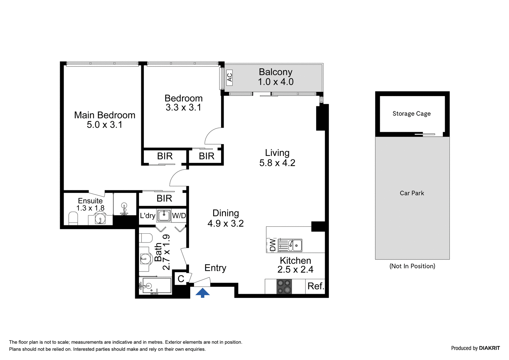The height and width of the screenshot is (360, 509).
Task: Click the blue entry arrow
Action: point(202,293)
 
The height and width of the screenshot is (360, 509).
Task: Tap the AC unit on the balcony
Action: point(229,78)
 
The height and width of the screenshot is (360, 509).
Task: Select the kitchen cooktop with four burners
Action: point(284,286)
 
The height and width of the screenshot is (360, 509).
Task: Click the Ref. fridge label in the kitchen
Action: point(316,286)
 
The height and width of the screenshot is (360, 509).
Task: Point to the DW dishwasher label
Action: point(273,245)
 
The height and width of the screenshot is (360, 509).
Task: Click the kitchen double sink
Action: point(290,245)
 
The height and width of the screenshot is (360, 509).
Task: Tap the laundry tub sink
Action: point(164,215)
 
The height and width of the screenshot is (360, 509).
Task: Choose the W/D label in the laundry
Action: point(179,215)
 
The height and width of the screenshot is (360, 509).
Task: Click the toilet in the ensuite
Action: point(73,218)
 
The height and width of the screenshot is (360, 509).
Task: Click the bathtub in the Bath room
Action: point(155,286)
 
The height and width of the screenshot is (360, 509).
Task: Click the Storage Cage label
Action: point(412,114)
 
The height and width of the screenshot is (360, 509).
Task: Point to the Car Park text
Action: point(412,193)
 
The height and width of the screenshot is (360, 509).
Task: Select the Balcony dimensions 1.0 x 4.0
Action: point(275,82)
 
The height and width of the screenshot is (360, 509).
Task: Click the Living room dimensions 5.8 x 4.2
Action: point(277,163)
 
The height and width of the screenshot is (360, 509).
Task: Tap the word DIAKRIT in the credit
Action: point(490,348)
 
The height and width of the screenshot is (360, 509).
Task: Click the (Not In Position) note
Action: point(412,266)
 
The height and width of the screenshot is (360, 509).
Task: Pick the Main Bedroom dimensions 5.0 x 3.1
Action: point(105,125)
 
